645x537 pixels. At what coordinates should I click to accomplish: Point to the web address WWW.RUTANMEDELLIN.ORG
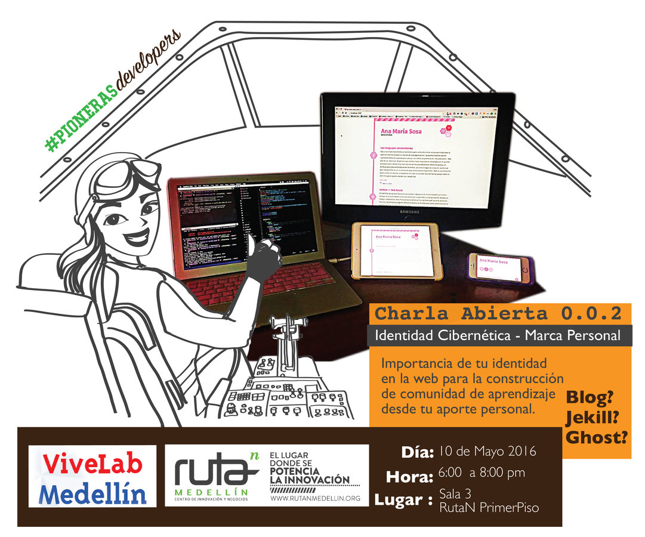click(x=315, y=497)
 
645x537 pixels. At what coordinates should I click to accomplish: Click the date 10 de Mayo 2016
click(x=487, y=451)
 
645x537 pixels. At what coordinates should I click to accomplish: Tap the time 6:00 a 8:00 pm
click(x=482, y=473)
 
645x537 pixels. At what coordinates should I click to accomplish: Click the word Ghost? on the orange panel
click(x=597, y=437)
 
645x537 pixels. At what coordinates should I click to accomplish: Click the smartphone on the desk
click(x=499, y=267)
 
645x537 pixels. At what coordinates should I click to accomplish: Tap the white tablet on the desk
click(x=395, y=251)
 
